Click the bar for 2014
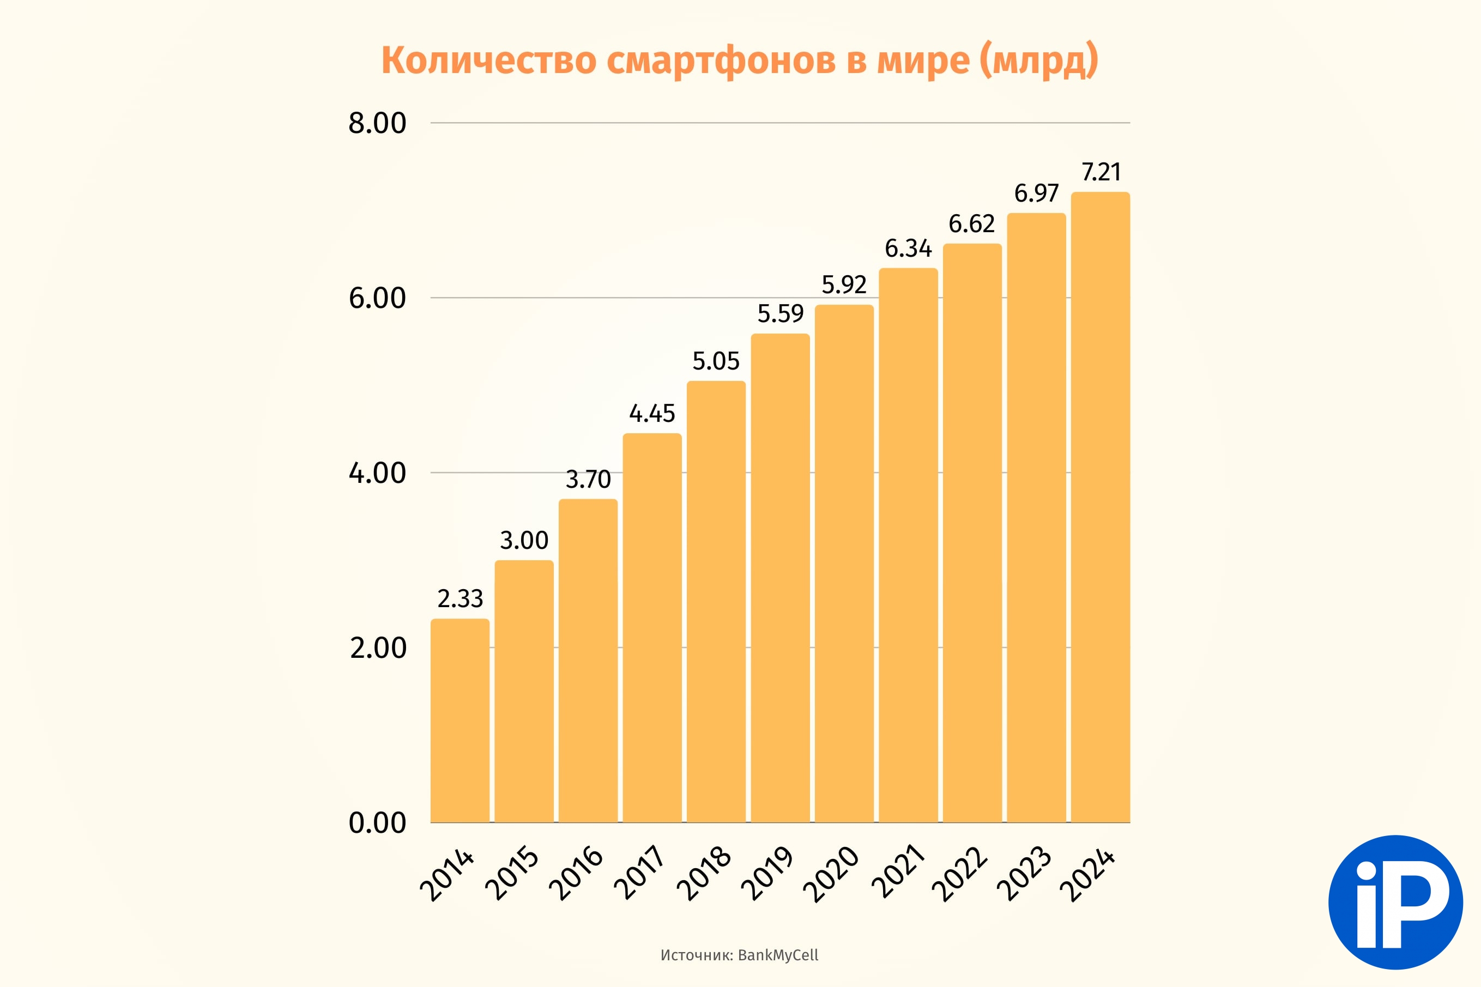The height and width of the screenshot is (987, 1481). (x=460, y=720)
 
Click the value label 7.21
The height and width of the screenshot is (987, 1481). (x=1101, y=172)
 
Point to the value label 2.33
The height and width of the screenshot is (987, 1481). (x=460, y=598)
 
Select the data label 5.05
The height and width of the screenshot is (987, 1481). (x=716, y=361)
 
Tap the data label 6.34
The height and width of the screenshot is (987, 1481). (x=908, y=249)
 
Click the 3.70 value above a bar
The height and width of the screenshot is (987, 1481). (x=588, y=480)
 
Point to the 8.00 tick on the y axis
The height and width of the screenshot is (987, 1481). (x=378, y=123)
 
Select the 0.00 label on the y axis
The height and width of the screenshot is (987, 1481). (x=378, y=823)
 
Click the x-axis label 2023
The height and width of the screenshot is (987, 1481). (x=1025, y=873)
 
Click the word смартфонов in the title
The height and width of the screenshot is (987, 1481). (x=721, y=61)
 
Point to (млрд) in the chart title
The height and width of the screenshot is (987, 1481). (x=1038, y=61)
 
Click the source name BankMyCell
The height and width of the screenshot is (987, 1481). (x=778, y=955)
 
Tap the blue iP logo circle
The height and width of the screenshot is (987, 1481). (x=1395, y=902)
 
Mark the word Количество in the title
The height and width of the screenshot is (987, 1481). (x=489, y=61)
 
